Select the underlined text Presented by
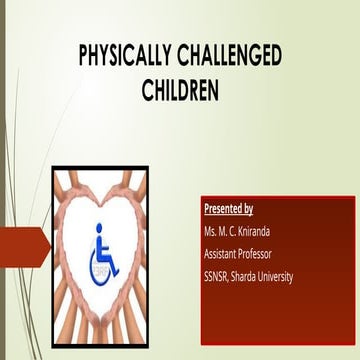[227, 209]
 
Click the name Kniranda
[263, 232]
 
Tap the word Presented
[221, 209]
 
